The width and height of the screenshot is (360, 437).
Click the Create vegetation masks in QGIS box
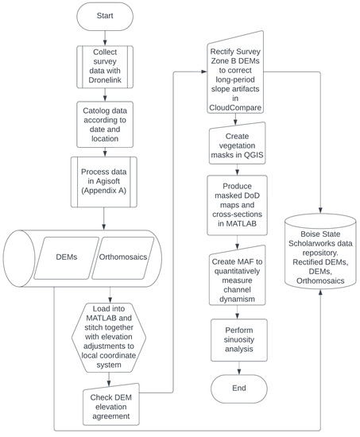[x=238, y=146]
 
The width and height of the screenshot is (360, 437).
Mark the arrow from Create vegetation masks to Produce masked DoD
[x=238, y=173]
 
